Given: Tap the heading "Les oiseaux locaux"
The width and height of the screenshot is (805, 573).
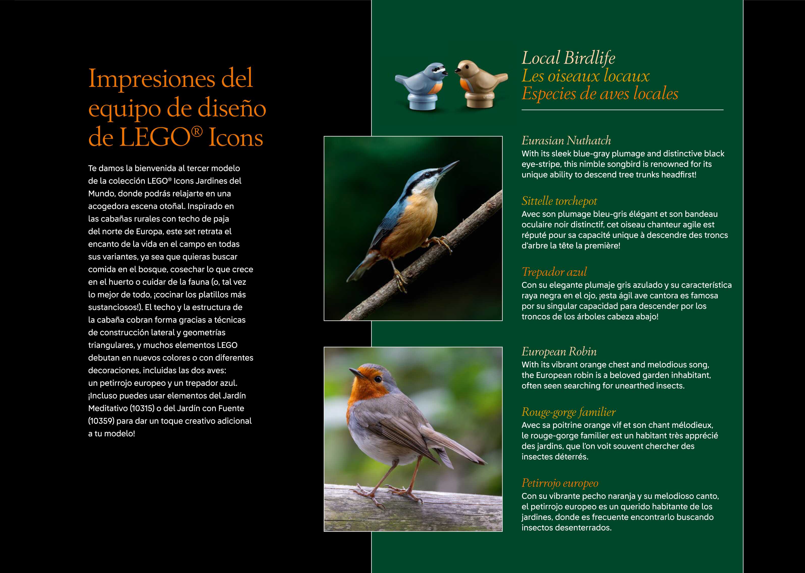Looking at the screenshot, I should pyautogui.click(x=585, y=76).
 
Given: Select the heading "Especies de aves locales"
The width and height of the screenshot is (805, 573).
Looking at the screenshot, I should pyautogui.click(x=600, y=94).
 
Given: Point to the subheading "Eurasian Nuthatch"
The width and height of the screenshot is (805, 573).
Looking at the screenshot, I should pyautogui.click(x=566, y=141).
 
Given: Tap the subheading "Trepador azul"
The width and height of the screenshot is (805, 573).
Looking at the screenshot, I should pyautogui.click(x=554, y=272).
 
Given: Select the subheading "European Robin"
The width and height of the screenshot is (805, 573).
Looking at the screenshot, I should pyautogui.click(x=559, y=352).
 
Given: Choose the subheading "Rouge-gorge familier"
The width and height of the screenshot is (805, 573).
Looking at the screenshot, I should pyautogui.click(x=568, y=412).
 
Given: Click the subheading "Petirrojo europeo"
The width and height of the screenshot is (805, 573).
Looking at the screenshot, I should pyautogui.click(x=560, y=483).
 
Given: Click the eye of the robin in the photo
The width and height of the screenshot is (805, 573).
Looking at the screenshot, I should pyautogui.click(x=378, y=379).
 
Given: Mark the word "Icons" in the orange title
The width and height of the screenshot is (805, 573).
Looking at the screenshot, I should pyautogui.click(x=236, y=138).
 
